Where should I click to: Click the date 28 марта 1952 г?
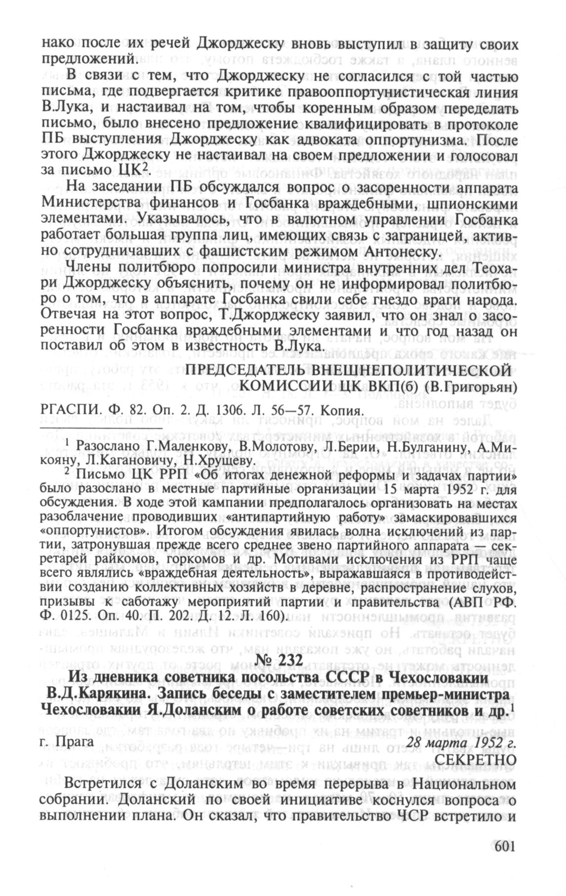(x=461, y=742)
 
